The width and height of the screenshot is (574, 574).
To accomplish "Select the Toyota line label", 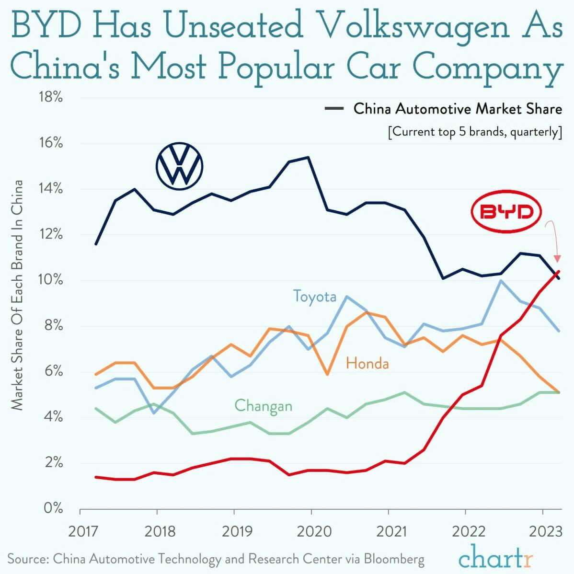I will (x=315, y=296).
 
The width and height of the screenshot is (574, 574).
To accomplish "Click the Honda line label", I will (x=367, y=364).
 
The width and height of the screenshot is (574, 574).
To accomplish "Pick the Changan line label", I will (x=263, y=406).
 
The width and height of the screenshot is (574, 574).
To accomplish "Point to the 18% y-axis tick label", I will (x=50, y=97).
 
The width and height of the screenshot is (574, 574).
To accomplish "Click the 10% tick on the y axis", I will (x=50, y=280).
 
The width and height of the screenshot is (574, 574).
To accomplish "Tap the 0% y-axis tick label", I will (x=53, y=508).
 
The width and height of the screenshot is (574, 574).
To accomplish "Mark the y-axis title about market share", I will (x=18, y=295).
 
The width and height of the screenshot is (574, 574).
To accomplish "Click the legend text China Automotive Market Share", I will (x=458, y=109).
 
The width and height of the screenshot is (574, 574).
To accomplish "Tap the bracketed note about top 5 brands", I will (x=475, y=132).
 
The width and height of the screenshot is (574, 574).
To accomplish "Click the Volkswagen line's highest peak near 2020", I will (x=308, y=157).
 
